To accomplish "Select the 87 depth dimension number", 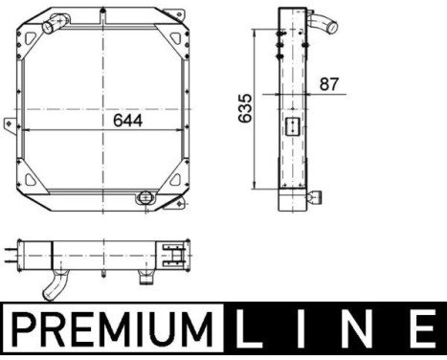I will pos(330,84).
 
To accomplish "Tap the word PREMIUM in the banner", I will pos(114,331).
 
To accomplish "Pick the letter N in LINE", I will pos(355,331).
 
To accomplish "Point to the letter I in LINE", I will pos(301,331).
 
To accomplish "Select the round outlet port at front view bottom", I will pos(145,197).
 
